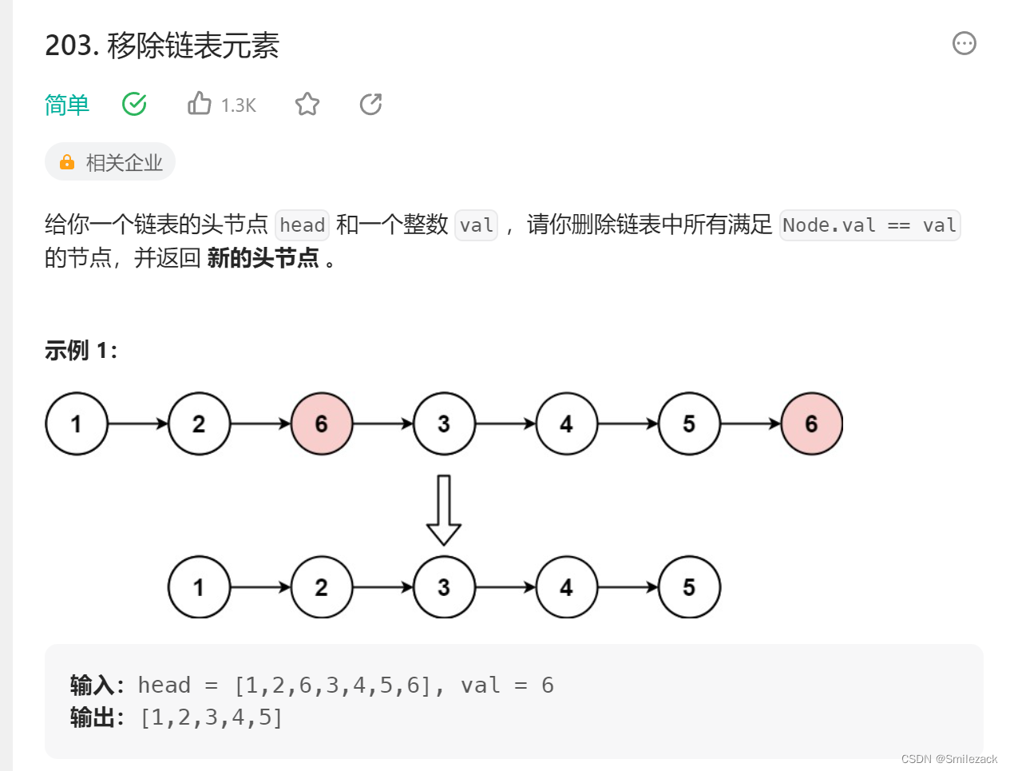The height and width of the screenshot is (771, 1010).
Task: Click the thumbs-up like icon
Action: [200, 104]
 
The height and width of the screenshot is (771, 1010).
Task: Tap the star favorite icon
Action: [307, 104]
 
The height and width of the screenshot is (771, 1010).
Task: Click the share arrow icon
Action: [371, 104]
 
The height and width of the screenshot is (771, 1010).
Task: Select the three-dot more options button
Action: [964, 43]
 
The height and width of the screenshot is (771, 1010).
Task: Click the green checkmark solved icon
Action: [134, 104]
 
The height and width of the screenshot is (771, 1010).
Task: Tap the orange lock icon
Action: [67, 162]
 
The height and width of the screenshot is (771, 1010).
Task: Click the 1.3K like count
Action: [239, 105]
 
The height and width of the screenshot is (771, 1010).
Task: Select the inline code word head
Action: [303, 225]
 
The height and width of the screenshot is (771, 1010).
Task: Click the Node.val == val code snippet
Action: [869, 225]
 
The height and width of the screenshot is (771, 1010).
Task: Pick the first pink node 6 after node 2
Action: [322, 423]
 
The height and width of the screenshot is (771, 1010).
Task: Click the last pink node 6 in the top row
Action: [811, 423]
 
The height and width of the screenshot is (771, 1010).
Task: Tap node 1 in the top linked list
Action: [77, 423]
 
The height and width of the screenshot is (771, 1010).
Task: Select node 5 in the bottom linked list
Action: [689, 587]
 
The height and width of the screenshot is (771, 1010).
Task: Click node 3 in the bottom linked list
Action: [444, 587]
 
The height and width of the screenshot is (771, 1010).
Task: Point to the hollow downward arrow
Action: [444, 510]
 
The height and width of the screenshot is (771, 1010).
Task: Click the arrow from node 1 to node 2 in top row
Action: [138, 423]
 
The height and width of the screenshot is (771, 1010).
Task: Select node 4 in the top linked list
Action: [567, 423]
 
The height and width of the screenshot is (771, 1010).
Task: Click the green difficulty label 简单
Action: [67, 105]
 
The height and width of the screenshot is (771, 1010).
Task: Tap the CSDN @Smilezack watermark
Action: [949, 759]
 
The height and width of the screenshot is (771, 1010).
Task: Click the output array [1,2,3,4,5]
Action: [212, 717]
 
